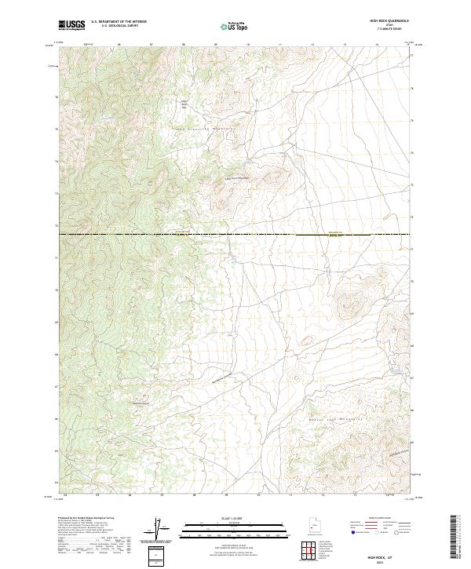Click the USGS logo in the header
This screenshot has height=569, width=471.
coord(71,25)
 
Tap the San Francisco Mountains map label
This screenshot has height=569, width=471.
coord(214,128)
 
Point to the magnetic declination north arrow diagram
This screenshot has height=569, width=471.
coord(157,530)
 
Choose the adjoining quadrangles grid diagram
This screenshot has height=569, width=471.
coord(311,551)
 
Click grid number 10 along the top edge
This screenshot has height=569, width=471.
coord(248,46)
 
